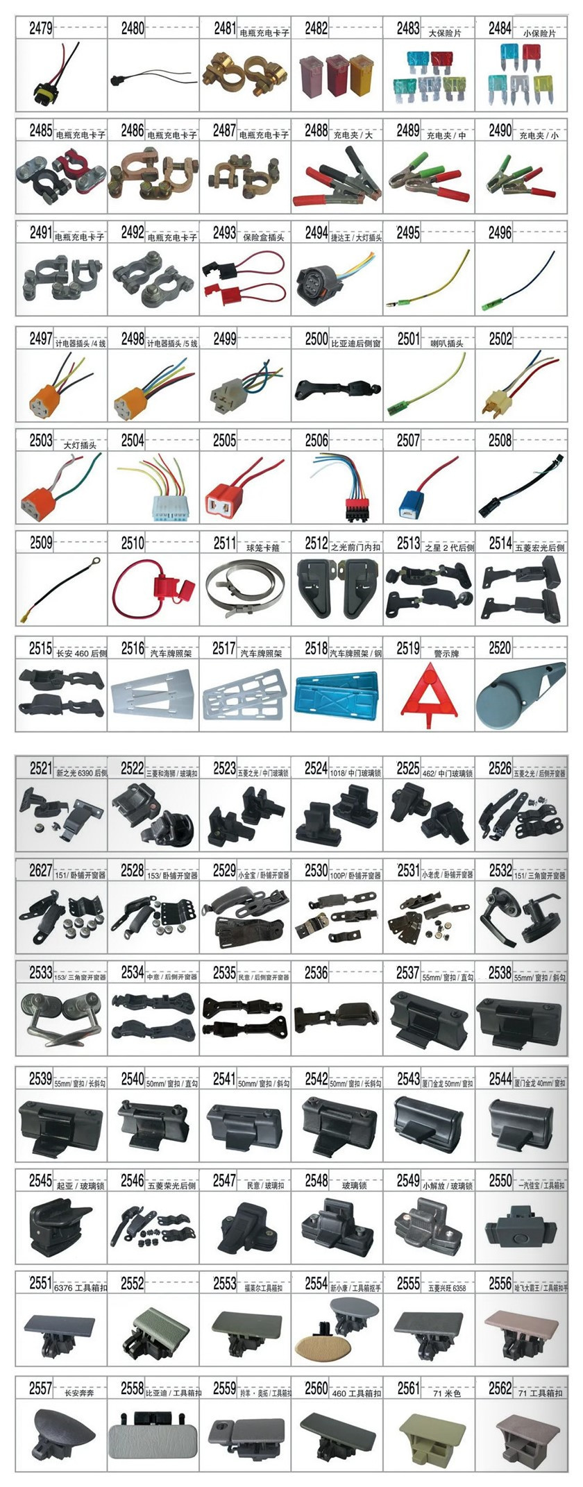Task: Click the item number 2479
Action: (40, 28)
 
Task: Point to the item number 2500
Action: (316, 339)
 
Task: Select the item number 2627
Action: (40, 871)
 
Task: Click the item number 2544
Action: (500, 1079)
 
